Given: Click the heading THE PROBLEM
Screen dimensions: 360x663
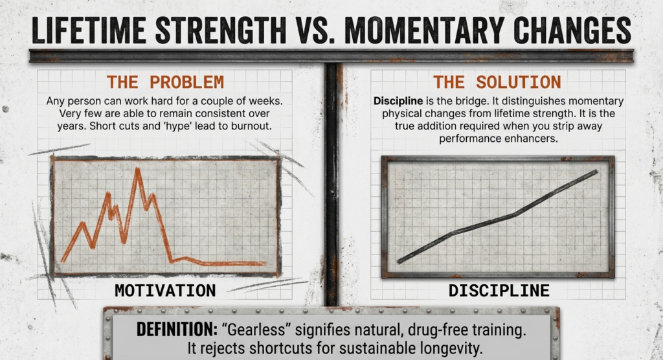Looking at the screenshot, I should point(165,82).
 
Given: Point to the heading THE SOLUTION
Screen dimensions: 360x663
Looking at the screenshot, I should point(497,82).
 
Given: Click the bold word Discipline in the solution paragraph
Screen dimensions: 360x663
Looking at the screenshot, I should point(399,102).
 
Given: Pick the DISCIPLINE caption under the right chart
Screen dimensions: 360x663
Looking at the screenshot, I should point(499,289).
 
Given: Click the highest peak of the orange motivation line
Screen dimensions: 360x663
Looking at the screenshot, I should point(137,170).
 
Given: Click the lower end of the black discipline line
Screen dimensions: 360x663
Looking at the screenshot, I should point(399,261).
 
